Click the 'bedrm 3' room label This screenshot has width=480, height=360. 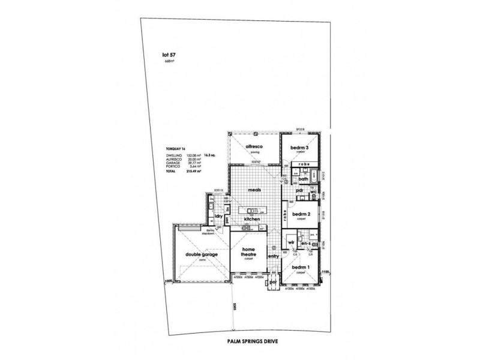pos(299,148)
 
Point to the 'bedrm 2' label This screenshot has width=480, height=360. pos(301,214)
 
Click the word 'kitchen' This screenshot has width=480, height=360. pos(253,220)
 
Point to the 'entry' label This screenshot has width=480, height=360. pos(274,257)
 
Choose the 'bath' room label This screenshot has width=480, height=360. pos(304,179)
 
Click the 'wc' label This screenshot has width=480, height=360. pos(313,192)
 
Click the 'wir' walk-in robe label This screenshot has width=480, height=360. pos(292,243)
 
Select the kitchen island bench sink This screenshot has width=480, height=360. pos(251,211)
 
